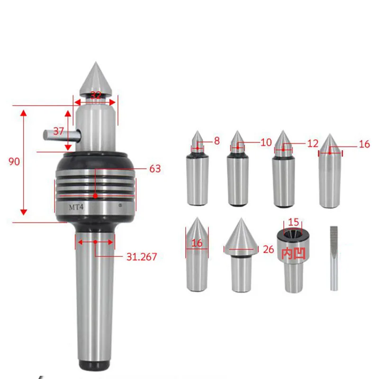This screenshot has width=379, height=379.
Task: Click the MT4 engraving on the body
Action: (x=76, y=208)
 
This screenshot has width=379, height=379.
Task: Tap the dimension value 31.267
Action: (x=142, y=257)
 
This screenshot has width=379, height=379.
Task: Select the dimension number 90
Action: (x=14, y=162)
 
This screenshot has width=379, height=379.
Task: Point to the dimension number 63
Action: (x=155, y=169)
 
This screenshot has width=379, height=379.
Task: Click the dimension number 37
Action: (x=58, y=131)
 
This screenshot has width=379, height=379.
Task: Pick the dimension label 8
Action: (x=217, y=141)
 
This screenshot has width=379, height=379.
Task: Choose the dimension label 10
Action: (x=266, y=143)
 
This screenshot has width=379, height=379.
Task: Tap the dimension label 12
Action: (x=313, y=144)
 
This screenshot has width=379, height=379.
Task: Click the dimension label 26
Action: (x=268, y=250)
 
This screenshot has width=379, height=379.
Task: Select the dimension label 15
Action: (x=293, y=222)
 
